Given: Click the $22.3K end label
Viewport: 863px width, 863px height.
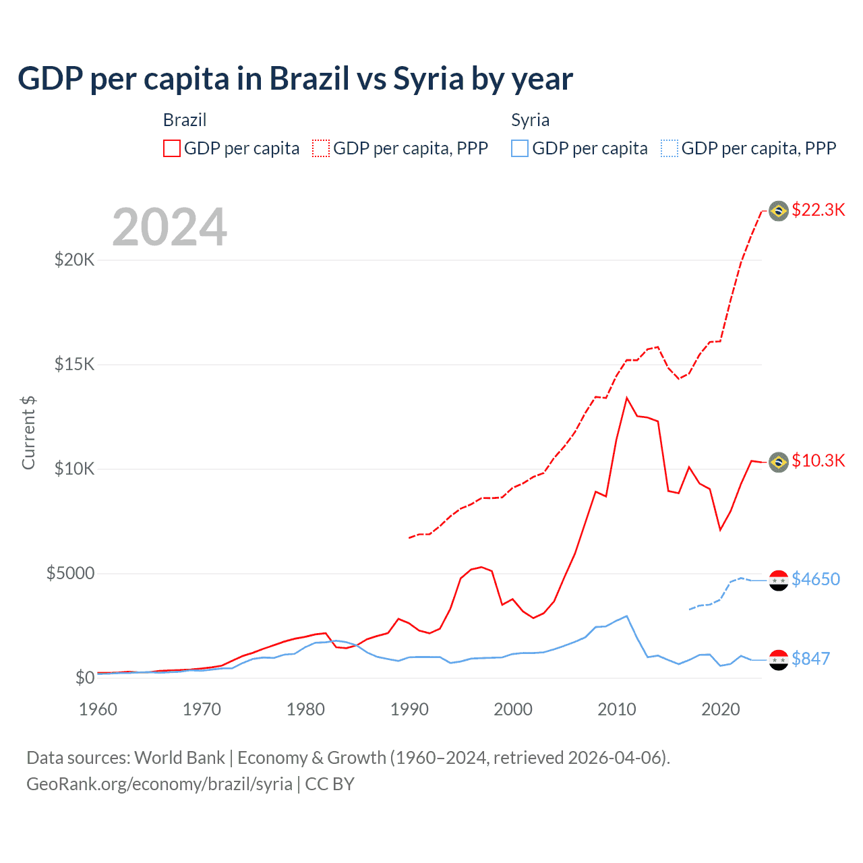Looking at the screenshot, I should coord(818,210).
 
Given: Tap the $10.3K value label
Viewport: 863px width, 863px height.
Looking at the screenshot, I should coord(818,460).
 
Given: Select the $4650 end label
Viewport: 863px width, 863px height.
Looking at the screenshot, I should coord(816,579).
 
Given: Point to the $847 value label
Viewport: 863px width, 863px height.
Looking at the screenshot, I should coord(810,659).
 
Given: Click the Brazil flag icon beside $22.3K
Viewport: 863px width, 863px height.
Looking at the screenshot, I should coord(779,211).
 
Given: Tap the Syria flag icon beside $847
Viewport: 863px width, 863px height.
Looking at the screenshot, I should coord(779,660).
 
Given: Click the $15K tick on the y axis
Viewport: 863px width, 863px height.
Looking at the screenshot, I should coord(75,365).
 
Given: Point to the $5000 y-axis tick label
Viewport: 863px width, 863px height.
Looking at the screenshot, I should coord(70,574).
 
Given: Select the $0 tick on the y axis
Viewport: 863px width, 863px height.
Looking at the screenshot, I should coord(84,678).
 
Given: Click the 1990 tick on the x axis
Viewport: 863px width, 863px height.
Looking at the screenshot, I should coord(409,709).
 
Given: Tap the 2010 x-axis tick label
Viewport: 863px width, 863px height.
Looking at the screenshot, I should coord(617,709).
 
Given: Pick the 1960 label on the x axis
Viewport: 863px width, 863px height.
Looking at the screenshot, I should coord(98,709).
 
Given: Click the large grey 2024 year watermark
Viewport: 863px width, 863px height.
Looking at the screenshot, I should coord(169,227).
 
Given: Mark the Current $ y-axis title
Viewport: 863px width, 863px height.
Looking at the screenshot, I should coord(28,433).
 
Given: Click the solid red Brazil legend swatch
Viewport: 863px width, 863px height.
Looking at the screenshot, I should coord(172,148).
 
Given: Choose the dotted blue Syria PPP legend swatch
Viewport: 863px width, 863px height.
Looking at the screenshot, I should coord(669,148).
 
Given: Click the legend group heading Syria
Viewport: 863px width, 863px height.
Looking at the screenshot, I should coord(530,120).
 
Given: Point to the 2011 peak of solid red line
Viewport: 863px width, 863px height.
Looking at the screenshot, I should coord(627,398).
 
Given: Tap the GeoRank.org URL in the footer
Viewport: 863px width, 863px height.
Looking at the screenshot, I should coord(159,784).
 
